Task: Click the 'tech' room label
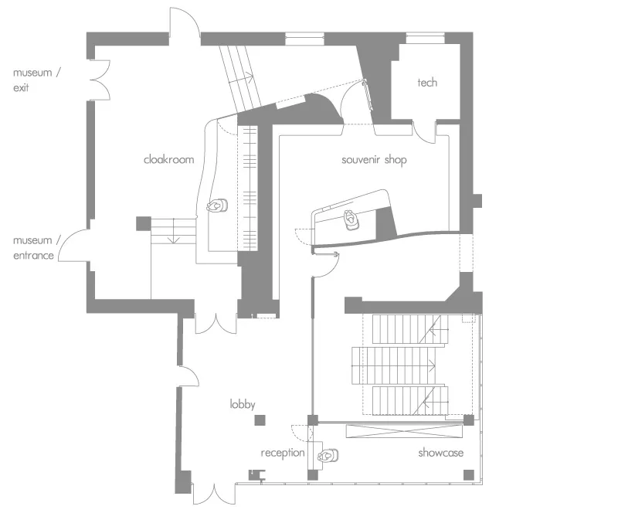(x=427, y=83)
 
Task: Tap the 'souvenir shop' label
(x=374, y=160)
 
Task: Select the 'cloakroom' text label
(x=168, y=159)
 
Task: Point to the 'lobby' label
(x=243, y=404)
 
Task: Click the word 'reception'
(x=283, y=453)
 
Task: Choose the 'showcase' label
(x=440, y=453)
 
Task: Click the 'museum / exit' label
(x=36, y=80)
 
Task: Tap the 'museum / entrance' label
(x=36, y=248)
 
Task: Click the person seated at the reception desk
(x=328, y=456)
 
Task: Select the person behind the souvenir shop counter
(x=351, y=219)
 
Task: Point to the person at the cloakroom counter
(x=217, y=206)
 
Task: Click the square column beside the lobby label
(x=260, y=420)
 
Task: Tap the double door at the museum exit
(x=100, y=80)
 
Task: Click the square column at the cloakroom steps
(x=144, y=223)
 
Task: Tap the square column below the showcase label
(x=469, y=474)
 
